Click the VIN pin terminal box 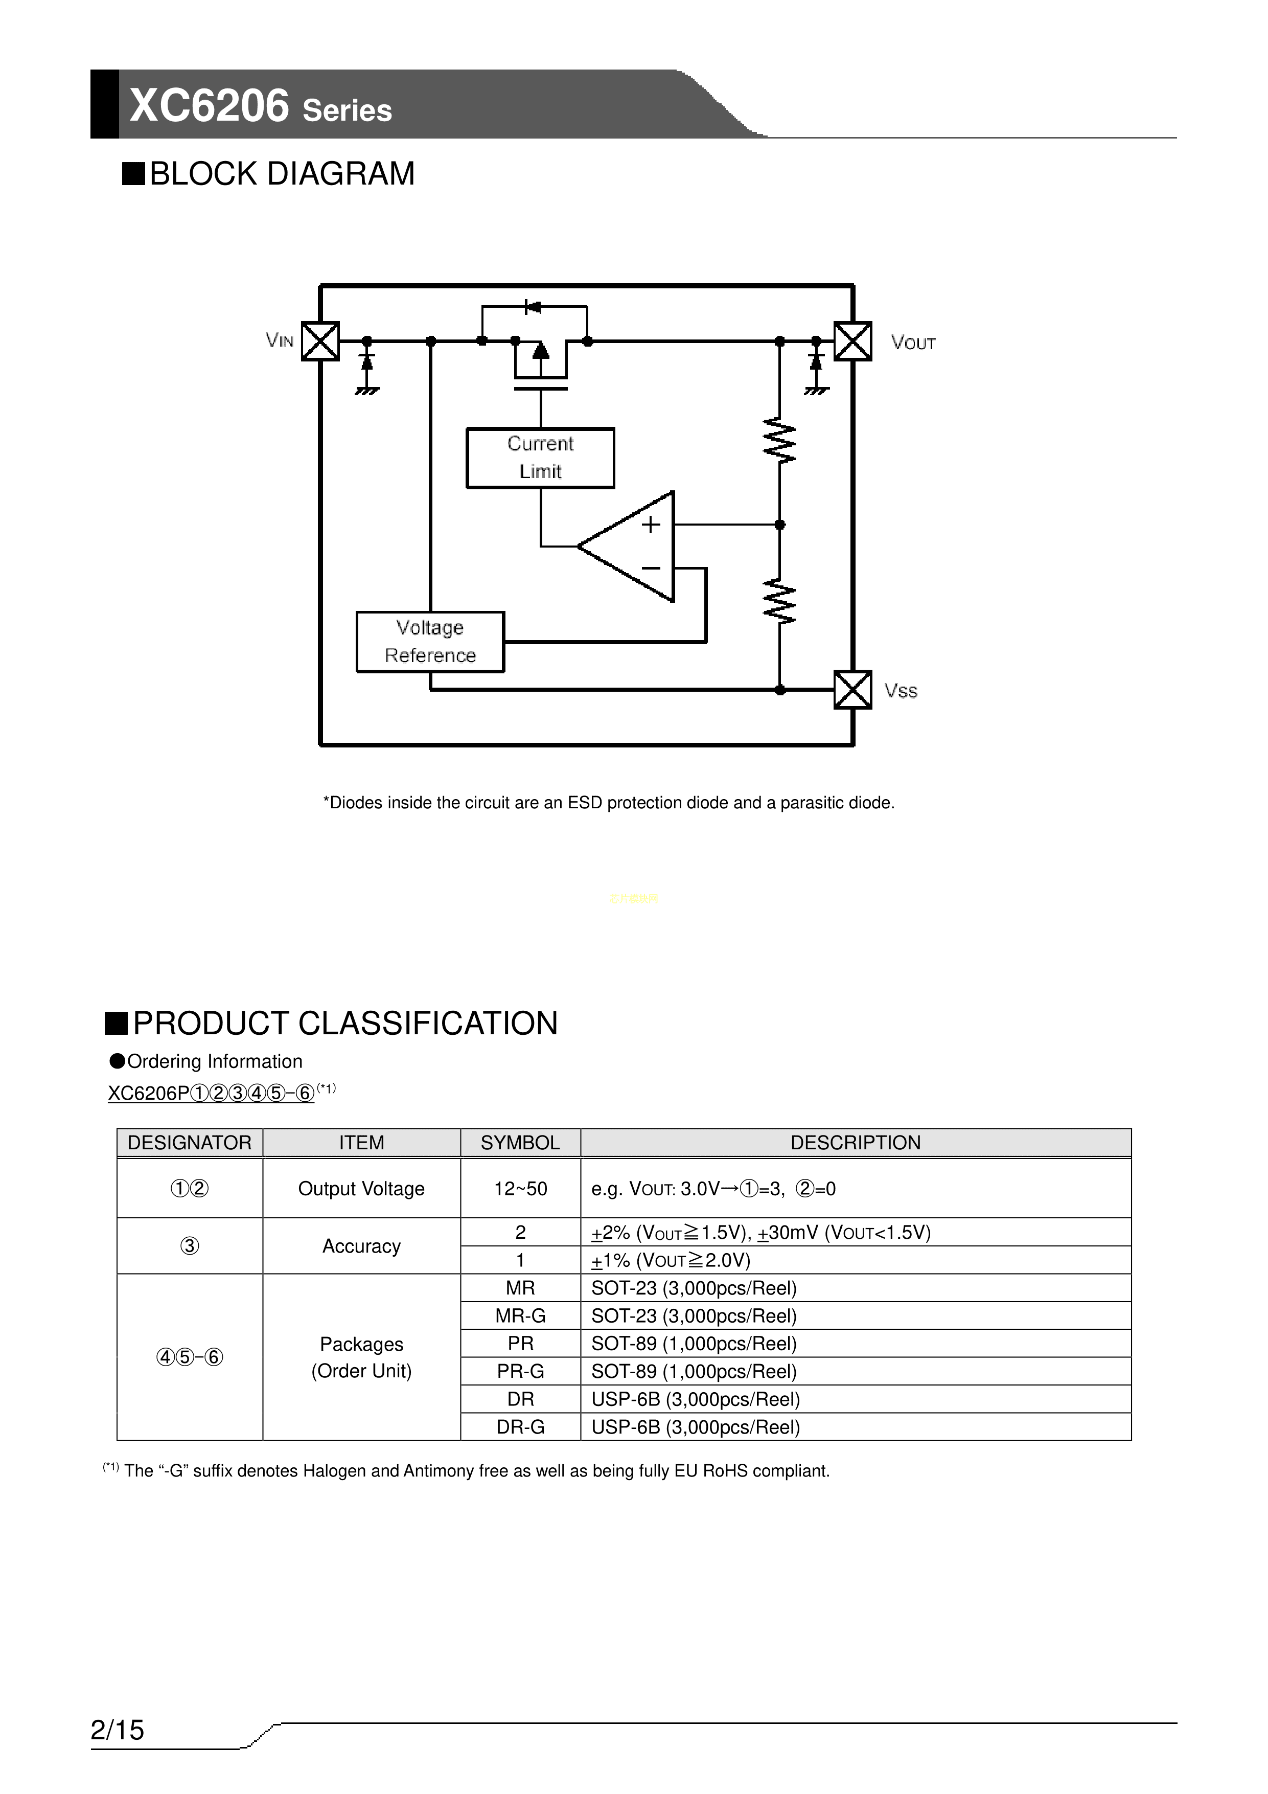pos(320,342)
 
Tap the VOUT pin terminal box pos(852,342)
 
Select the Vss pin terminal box pos(852,690)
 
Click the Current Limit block pos(541,458)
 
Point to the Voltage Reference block pos(430,642)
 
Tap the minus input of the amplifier pos(651,568)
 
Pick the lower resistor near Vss pos(780,602)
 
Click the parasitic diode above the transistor pos(533,306)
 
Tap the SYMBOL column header pos(520,1142)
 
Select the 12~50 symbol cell pos(520,1189)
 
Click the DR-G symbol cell pos(520,1427)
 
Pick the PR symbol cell pos(520,1343)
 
